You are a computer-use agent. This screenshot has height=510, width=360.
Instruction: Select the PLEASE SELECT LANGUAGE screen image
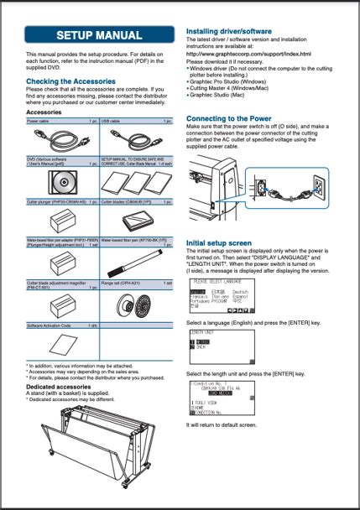(x=222, y=295)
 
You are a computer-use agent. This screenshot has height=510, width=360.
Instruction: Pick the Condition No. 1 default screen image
(x=222, y=398)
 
